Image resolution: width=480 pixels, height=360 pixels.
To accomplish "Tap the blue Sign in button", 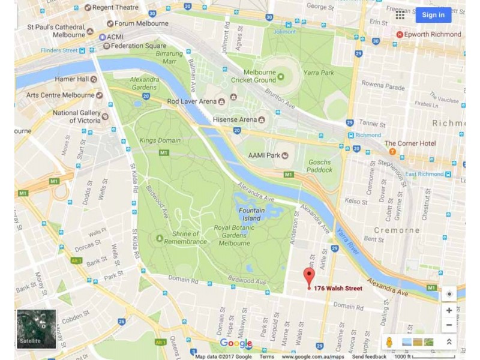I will click(433, 15).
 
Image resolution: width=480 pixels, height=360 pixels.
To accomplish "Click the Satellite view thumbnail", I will click(36, 329).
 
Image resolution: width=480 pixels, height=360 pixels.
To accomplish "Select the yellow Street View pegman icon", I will click(389, 342).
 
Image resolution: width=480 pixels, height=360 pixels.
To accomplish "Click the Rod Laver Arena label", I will click(191, 101).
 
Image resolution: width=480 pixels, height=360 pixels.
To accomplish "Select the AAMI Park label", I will click(264, 155).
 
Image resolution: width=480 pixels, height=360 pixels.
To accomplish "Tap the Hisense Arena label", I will click(235, 120).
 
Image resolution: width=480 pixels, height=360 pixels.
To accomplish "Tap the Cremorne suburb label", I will click(397, 230).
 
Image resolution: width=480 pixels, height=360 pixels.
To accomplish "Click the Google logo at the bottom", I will click(236, 343).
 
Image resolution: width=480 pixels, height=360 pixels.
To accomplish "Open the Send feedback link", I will click(369, 357).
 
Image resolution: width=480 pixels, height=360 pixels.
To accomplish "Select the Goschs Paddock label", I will click(319, 166).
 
